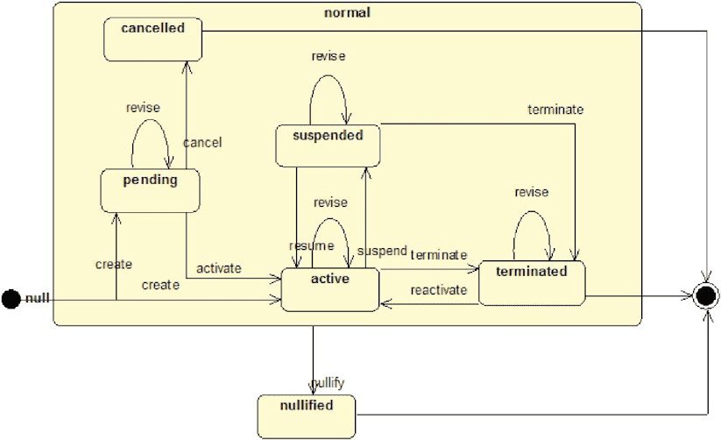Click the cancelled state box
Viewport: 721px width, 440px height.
tap(152, 39)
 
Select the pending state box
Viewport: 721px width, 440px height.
tap(151, 190)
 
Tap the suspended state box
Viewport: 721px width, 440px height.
tap(328, 145)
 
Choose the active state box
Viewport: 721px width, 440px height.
tap(330, 289)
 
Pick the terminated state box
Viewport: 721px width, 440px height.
tap(532, 283)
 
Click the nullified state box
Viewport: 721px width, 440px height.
tap(307, 416)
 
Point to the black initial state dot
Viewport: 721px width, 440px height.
tap(11, 299)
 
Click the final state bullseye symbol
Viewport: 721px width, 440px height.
tap(706, 296)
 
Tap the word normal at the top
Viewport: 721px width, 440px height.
tap(347, 12)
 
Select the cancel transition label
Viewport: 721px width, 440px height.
tap(202, 143)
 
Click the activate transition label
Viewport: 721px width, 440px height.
tap(219, 268)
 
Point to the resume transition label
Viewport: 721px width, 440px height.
tap(311, 245)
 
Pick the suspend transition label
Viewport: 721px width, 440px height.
tap(382, 252)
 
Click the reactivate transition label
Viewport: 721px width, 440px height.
tap(439, 290)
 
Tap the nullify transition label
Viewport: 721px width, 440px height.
tap(328, 383)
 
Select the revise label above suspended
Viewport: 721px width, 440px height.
tap(329, 56)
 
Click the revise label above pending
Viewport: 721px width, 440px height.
tap(143, 108)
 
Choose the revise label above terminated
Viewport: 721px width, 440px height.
tap(532, 192)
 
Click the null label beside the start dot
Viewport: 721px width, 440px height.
tap(38, 299)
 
